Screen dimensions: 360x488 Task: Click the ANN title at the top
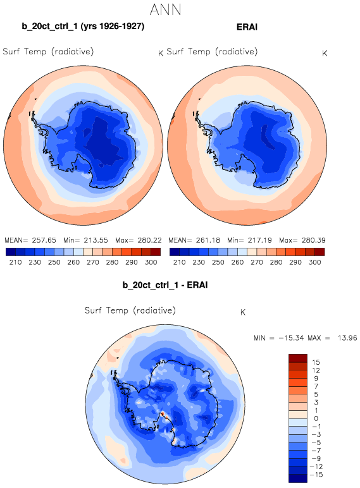165,9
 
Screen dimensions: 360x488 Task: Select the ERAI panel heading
247,27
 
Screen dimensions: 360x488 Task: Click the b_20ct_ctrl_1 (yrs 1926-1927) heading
83,27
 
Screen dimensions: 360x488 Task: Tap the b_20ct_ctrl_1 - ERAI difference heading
165,285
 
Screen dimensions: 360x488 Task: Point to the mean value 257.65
44,240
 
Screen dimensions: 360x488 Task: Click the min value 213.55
96,240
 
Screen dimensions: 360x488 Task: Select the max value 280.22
149,240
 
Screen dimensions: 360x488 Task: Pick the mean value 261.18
208,240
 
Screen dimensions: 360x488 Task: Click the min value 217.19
260,240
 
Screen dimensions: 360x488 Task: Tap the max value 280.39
313,240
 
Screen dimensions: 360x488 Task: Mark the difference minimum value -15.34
291,338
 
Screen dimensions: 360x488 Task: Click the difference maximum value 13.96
347,338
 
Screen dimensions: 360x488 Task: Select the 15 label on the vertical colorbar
316,362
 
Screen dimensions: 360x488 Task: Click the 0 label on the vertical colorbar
316,418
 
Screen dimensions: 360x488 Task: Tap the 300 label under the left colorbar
151,262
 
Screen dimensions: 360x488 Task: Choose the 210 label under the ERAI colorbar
180,262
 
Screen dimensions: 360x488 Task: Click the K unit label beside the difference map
243,312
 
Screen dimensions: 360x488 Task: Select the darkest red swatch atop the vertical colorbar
298,358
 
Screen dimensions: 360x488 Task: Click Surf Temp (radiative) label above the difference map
130,310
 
